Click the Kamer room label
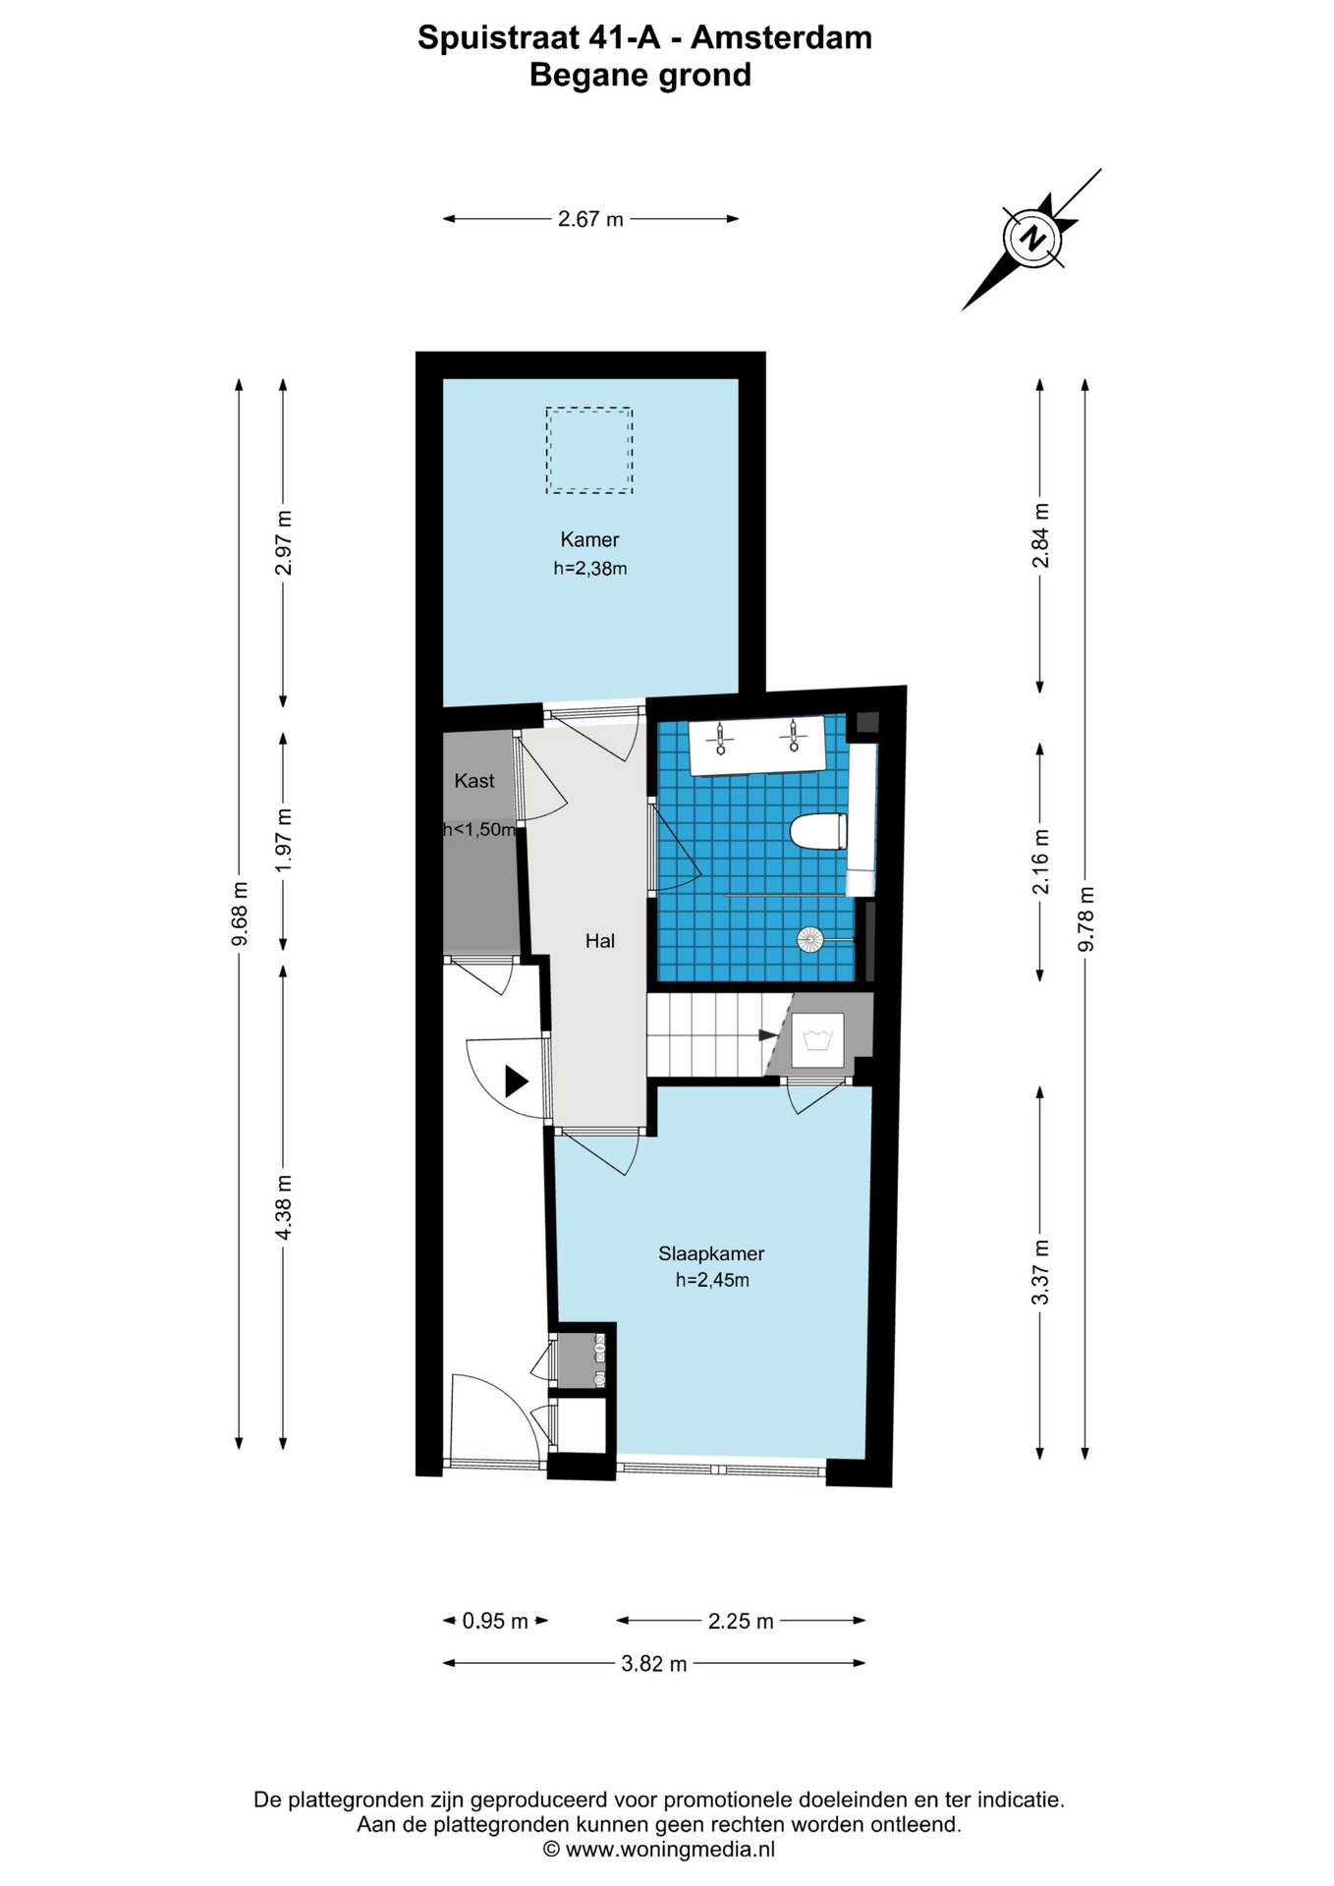(589, 539)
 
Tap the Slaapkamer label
(711, 1253)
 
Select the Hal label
(600, 941)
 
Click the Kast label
(474, 781)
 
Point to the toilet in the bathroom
(818, 832)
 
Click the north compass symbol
(1031, 239)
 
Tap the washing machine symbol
(818, 1039)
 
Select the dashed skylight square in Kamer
(589, 451)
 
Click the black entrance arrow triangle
(517, 1081)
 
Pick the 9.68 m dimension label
(239, 915)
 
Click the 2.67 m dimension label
(590, 219)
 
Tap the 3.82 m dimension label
(654, 1663)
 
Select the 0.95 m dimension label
(495, 1621)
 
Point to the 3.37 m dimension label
(1040, 1272)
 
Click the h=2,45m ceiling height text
(712, 1280)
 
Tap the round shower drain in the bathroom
(809, 940)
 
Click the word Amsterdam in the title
(781, 37)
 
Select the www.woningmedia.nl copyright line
(659, 1849)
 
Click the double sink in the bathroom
(756, 745)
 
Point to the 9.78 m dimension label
(1085, 918)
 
